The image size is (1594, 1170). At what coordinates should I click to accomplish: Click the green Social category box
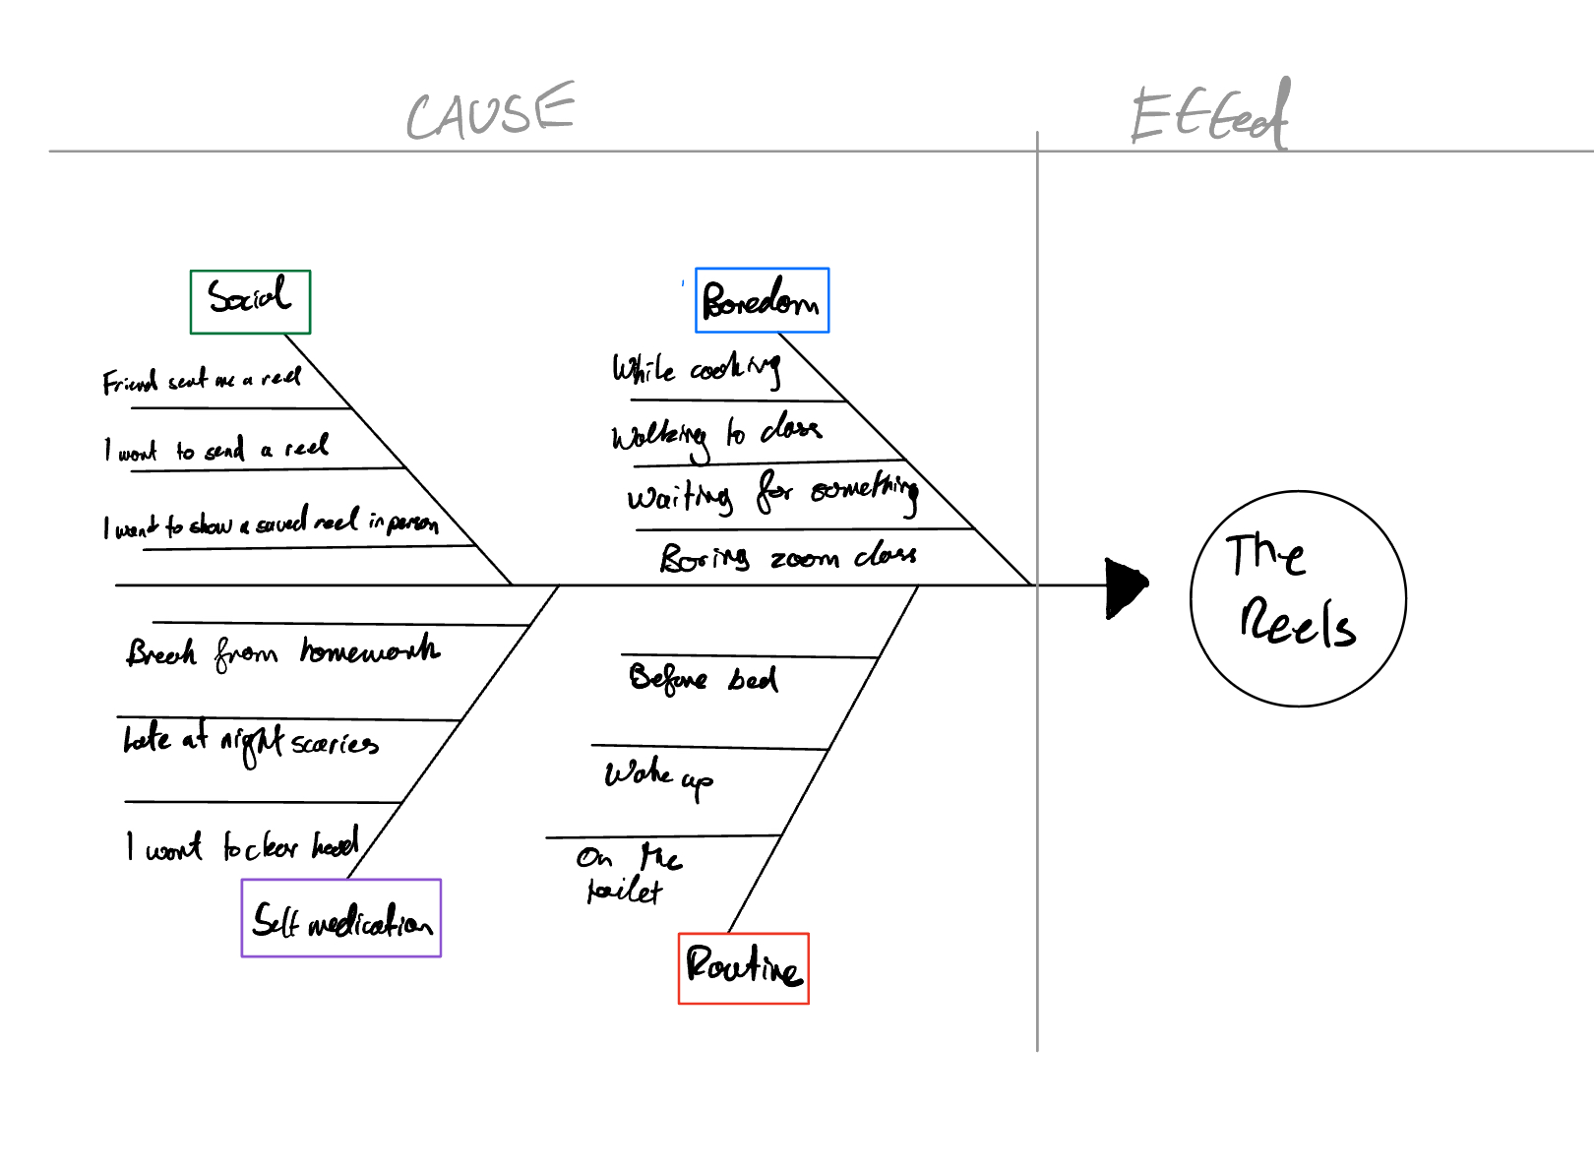point(250,301)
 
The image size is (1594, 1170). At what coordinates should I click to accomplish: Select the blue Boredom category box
point(762,300)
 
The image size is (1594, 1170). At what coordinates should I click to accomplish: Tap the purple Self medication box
point(341,918)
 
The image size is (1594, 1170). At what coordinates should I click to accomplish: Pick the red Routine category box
point(744,968)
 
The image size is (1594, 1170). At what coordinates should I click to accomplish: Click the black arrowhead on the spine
point(1126,587)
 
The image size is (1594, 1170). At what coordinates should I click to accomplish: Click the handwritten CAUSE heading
point(490,111)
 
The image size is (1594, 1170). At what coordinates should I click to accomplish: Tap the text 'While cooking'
point(696,370)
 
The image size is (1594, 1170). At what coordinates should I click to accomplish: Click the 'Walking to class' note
point(715,434)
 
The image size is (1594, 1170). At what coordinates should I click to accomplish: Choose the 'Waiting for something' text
point(772,493)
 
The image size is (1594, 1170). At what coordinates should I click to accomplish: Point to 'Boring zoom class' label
point(787,558)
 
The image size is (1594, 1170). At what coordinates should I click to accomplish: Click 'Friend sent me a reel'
point(202,380)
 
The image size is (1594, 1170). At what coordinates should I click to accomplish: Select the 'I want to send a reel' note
point(216,450)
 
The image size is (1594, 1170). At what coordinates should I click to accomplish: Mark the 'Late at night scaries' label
point(250,741)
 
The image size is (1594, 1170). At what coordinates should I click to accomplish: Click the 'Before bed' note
point(703,679)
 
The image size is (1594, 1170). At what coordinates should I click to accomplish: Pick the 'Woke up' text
point(658,776)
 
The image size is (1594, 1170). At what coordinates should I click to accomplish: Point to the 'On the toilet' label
point(628,874)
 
